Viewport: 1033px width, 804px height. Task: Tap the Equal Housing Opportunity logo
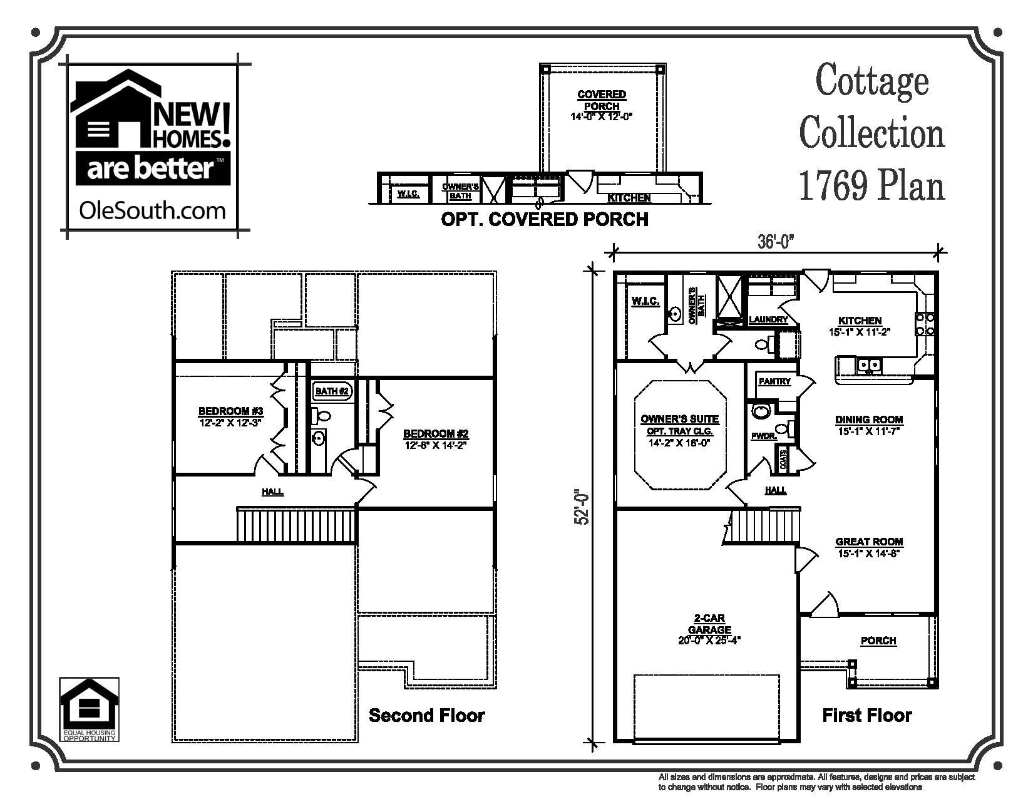[x=88, y=709]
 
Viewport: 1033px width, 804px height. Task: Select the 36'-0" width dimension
[x=776, y=242]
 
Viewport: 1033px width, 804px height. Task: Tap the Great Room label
[x=869, y=542]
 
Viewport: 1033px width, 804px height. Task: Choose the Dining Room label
[x=869, y=420]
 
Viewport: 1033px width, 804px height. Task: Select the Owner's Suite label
[x=679, y=419]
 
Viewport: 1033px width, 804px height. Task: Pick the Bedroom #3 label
[x=230, y=411]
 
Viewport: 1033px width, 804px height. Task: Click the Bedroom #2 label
[x=436, y=434]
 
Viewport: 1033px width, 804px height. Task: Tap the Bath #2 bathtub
[x=332, y=391]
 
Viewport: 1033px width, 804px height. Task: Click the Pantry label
[x=774, y=381]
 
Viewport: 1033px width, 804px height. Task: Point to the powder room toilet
[x=761, y=411]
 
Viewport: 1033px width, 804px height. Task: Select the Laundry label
[x=768, y=319]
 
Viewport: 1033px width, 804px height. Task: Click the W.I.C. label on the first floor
[x=645, y=302]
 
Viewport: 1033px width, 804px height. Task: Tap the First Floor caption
[x=866, y=715]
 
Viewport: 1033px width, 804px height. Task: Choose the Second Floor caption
[x=426, y=715]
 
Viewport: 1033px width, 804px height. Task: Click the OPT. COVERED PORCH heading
[x=544, y=219]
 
